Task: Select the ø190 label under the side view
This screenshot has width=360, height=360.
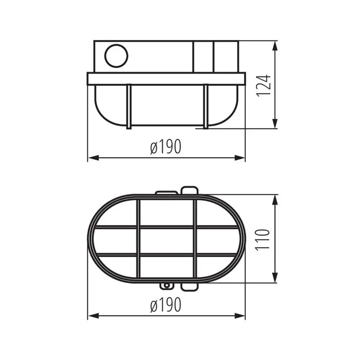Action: click(x=166, y=147)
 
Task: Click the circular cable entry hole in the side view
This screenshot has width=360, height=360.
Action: click(x=116, y=56)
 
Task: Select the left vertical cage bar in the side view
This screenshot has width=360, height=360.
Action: click(x=129, y=106)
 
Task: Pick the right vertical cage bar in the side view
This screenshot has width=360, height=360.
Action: click(x=206, y=106)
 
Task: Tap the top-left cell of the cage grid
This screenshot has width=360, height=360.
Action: click(x=116, y=213)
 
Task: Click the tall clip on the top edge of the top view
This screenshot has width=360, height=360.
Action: click(x=189, y=190)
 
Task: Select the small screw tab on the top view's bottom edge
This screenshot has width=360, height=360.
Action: click(x=167, y=286)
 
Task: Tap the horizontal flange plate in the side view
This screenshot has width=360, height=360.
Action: click(x=166, y=79)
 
